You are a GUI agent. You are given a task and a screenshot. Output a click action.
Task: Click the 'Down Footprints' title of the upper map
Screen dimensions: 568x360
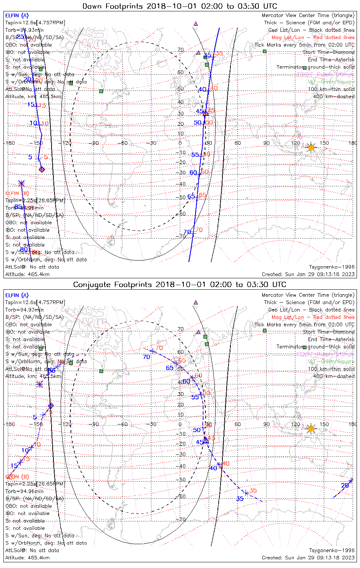click(180, 6)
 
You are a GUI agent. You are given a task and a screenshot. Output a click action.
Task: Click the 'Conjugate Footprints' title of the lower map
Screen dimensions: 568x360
click(180, 284)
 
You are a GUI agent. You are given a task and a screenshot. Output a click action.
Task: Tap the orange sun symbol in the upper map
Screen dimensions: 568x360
click(311, 147)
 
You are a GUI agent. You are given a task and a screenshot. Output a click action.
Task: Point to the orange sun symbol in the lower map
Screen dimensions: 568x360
click(311, 429)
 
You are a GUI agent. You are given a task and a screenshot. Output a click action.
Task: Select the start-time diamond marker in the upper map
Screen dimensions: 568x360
click(42, 169)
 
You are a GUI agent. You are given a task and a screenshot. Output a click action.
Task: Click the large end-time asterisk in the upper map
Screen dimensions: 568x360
click(21, 184)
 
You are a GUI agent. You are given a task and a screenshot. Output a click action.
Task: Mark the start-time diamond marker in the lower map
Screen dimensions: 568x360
click(51, 406)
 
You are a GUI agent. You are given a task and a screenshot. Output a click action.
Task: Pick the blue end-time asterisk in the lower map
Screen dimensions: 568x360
click(39, 384)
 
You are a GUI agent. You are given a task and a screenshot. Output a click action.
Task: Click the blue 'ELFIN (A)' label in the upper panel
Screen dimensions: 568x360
click(17, 16)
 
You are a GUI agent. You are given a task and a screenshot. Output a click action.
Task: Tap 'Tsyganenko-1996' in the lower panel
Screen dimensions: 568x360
click(332, 550)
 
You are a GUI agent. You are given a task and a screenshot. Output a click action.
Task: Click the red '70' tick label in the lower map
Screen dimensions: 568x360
click(159, 348)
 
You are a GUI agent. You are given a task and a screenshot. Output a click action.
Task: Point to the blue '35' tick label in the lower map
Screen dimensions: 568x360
click(240, 498)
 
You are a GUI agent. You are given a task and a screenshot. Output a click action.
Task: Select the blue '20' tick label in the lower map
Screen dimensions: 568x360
click(345, 485)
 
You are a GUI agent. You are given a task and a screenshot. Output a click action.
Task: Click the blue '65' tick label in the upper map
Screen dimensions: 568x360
click(191, 196)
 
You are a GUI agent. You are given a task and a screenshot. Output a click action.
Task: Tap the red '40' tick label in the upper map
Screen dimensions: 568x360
click(214, 88)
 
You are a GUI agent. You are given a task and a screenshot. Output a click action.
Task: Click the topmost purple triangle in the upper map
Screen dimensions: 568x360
click(196, 23)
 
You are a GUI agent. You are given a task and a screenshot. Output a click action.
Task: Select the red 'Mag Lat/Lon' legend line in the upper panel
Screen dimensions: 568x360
click(313, 37)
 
